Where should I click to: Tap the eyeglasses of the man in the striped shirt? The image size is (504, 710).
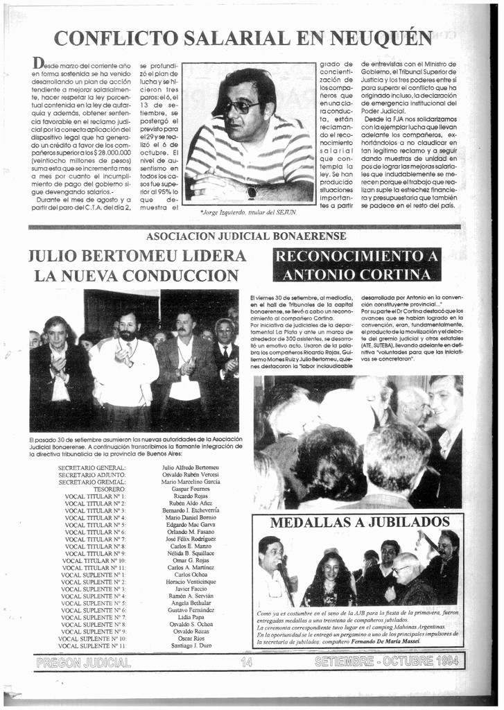coord(241,107)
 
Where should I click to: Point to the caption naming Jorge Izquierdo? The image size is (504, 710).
coord(248,211)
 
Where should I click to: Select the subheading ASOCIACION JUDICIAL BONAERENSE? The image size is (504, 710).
coord(246,236)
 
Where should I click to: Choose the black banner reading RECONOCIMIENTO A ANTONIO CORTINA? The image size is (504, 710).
coord(357,265)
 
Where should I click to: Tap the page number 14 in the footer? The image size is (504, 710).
coord(247,662)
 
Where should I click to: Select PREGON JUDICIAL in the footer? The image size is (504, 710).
coord(83,662)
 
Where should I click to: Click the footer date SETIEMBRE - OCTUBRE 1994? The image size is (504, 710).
coord(386,662)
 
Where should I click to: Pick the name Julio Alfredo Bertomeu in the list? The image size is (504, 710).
coord(190,467)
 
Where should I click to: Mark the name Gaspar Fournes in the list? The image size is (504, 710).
coord(190,489)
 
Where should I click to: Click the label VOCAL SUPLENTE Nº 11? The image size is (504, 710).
coord(94,646)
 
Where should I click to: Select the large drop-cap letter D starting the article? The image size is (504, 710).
coord(39,63)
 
